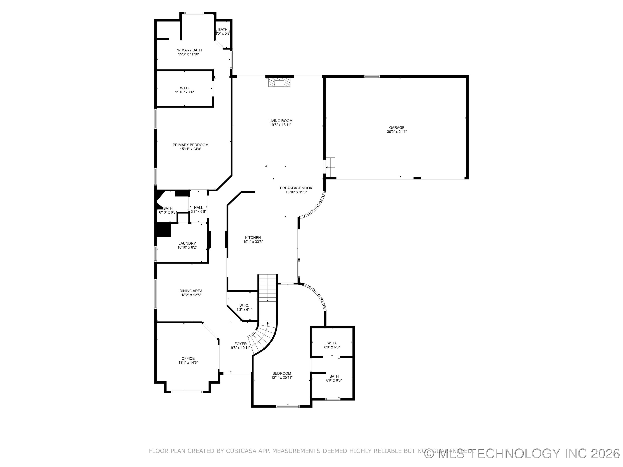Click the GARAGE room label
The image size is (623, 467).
click(x=397, y=128)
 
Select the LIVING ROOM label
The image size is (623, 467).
click(x=280, y=121)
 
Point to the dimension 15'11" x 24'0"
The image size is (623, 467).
click(x=190, y=149)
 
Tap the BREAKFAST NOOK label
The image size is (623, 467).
click(x=296, y=188)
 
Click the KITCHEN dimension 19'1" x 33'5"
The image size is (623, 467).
click(x=253, y=241)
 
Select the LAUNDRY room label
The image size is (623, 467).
click(x=187, y=243)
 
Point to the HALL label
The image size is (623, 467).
click(x=198, y=208)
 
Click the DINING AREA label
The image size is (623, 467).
click(x=191, y=291)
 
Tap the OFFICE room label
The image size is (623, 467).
click(x=188, y=358)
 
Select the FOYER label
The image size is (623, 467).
click(x=241, y=344)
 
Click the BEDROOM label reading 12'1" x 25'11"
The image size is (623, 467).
click(x=282, y=375)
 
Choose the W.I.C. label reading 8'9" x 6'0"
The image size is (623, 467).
click(x=332, y=345)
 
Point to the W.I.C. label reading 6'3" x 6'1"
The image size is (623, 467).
click(x=244, y=307)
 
